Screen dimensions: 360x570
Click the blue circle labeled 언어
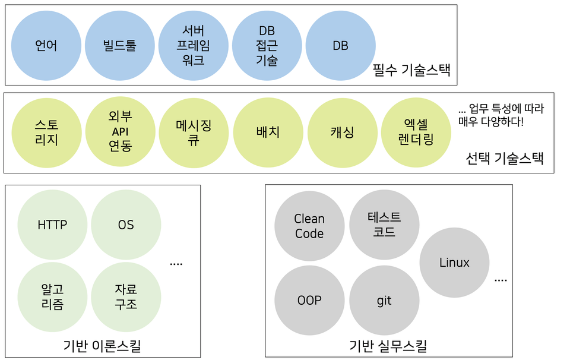[x=46, y=45]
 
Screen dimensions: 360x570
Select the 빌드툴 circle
[x=120, y=45]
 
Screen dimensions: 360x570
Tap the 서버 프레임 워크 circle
[x=194, y=45]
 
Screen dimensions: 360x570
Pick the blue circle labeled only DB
[x=340, y=45]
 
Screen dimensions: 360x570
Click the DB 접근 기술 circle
[x=267, y=45]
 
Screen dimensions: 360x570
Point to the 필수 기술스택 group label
[x=411, y=71]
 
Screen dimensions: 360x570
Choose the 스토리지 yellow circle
[x=46, y=132]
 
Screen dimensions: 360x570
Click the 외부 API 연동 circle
[x=120, y=132]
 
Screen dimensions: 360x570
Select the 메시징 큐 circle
[x=194, y=132]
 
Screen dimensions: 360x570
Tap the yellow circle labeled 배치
[x=267, y=132]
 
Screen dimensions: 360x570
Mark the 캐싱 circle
[x=342, y=132]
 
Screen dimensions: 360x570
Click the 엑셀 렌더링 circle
[x=416, y=132]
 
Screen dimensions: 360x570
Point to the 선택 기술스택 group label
[x=505, y=159]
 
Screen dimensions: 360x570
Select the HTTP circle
[x=52, y=225]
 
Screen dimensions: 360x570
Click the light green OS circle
[x=126, y=225]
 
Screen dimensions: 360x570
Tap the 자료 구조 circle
[x=126, y=297]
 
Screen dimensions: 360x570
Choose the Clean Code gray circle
[x=309, y=226]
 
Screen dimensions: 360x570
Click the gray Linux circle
[x=454, y=263]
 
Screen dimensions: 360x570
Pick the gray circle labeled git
[x=384, y=301]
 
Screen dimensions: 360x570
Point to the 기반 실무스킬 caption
[x=388, y=346]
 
